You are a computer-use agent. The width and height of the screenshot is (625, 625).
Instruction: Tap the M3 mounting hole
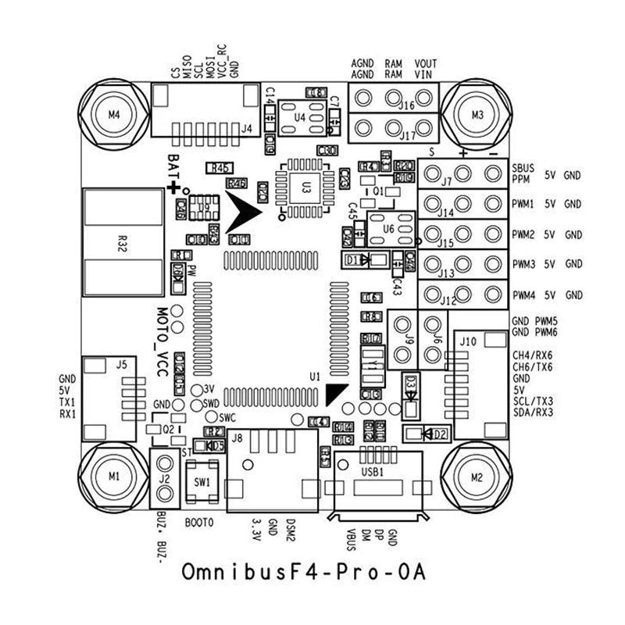pos(478,114)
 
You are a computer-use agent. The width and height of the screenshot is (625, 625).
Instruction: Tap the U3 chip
pos(306,187)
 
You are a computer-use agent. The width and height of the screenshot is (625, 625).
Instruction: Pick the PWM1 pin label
pos(523,205)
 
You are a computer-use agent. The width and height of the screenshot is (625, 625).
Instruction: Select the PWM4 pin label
pos(523,295)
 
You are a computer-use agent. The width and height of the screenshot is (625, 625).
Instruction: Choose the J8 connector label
pos(237,438)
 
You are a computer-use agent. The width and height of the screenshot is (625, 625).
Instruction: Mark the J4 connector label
pos(247,129)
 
